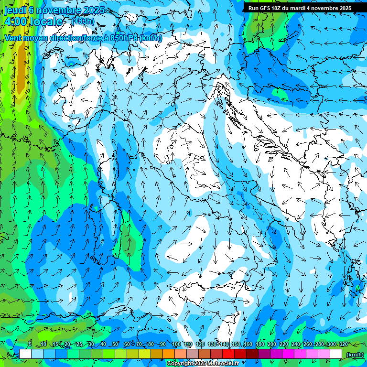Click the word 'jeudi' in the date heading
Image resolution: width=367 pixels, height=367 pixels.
click(x=15, y=10)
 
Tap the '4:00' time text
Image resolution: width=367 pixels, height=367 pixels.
click(x=15, y=22)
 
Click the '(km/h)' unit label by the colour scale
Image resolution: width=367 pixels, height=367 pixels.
click(x=355, y=354)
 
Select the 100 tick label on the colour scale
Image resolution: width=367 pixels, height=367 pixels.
click(x=176, y=344)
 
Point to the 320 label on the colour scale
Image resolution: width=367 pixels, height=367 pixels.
click(x=343, y=344)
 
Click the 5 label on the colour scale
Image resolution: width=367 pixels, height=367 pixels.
click(x=30, y=344)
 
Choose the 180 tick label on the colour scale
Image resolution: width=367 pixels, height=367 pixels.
click(x=259, y=344)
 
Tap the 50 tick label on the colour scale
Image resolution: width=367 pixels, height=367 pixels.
click(x=115, y=344)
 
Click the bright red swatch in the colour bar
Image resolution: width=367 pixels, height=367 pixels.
click(x=228, y=354)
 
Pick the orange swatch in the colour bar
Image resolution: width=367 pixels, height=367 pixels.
click(x=169, y=354)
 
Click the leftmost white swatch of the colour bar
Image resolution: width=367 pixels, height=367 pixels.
click(x=25, y=354)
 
